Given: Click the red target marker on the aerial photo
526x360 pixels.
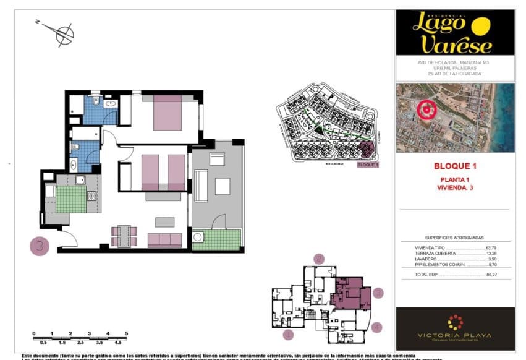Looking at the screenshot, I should tap(426, 109).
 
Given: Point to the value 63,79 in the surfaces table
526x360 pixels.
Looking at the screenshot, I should tap(491, 248).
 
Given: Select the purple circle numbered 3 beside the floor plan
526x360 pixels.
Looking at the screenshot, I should tap(40, 246).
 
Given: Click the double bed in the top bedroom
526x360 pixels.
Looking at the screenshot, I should tap(167, 113).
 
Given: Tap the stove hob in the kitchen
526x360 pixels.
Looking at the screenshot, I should tap(92, 197).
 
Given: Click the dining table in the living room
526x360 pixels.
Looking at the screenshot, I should tap(124, 236).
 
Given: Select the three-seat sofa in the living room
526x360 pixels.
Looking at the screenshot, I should tap(164, 239).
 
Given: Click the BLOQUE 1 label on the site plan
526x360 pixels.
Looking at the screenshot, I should tap(368, 165).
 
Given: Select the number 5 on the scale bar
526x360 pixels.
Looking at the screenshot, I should tap(127, 333).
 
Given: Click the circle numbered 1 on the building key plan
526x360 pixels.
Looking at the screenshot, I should tap(287, 335).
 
